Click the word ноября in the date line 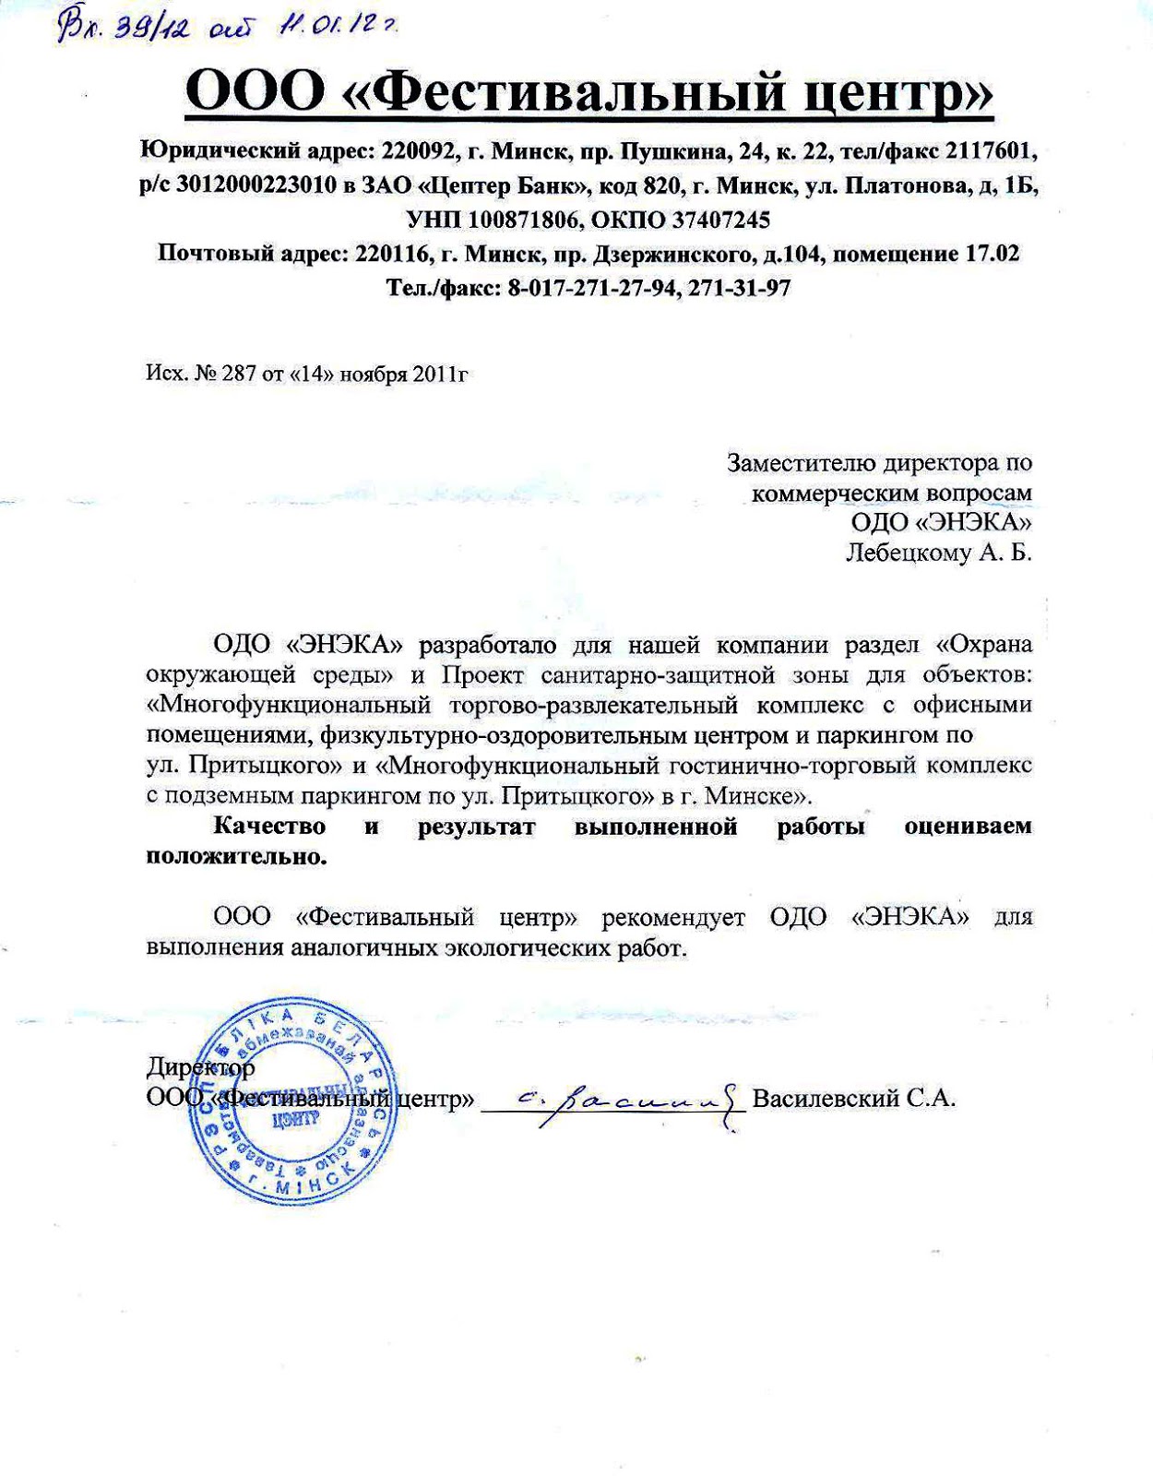(374, 374)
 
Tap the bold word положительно (237, 856)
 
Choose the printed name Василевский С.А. (853, 1099)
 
